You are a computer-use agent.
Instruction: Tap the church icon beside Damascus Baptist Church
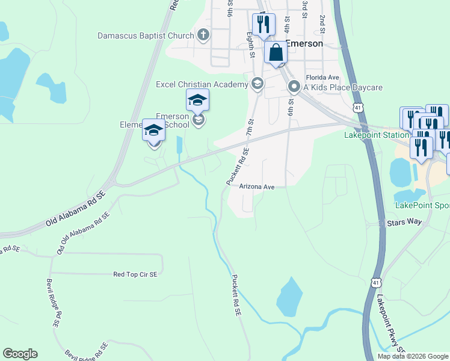(x=203, y=35)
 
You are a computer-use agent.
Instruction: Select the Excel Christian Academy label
(x=202, y=84)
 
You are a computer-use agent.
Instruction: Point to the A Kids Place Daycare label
(x=343, y=88)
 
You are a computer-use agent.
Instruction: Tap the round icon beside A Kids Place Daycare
(x=294, y=87)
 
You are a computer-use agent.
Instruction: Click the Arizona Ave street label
(x=257, y=187)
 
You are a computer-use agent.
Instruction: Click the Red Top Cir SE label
(x=135, y=274)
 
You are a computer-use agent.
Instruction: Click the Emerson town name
(x=304, y=44)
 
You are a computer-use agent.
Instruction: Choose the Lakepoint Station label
(x=376, y=135)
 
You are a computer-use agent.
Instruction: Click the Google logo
(x=20, y=354)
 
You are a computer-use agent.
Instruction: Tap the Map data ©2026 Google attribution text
(x=413, y=356)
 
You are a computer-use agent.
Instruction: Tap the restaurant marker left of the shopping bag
(x=263, y=25)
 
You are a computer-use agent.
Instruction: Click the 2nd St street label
(x=322, y=24)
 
